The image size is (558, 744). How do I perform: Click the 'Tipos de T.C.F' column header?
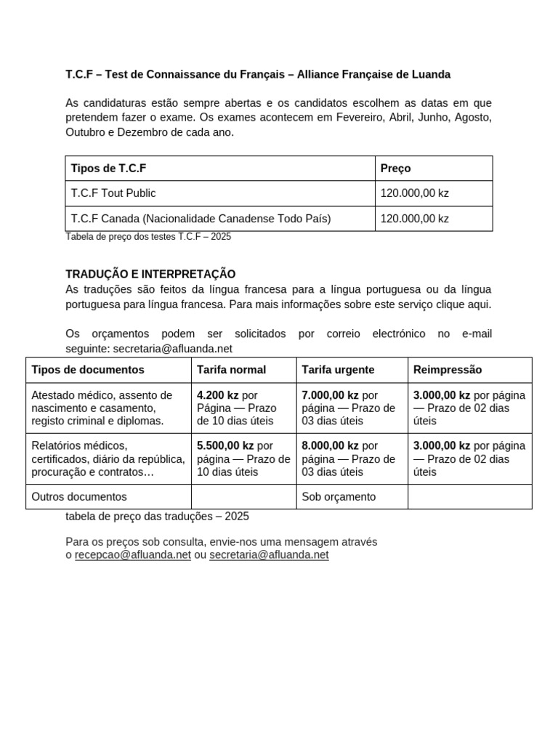[x=109, y=169]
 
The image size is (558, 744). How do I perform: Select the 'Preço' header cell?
[x=396, y=169]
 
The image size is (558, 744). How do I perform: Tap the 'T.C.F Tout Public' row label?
[x=113, y=193]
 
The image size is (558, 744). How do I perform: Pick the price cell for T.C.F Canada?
[x=415, y=219]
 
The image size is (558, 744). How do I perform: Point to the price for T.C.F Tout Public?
[x=415, y=193]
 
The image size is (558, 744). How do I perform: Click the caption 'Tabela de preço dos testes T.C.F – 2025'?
[x=148, y=237]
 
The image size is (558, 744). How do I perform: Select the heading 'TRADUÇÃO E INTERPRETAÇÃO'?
[x=150, y=274]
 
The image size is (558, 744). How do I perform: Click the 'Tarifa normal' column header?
[x=231, y=370]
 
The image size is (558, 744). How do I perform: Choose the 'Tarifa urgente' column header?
[x=338, y=370]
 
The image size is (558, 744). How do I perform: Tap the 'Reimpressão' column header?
[x=448, y=370]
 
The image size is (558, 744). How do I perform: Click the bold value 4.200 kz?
[x=218, y=395]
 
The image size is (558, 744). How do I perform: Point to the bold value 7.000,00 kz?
[x=330, y=395]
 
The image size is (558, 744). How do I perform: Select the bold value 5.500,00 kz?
[x=225, y=446]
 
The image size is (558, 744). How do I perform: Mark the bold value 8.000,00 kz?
[x=330, y=446]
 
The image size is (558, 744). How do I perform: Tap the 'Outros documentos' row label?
[x=79, y=497]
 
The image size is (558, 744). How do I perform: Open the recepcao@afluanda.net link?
[x=133, y=555]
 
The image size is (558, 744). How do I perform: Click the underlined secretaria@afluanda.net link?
[x=269, y=555]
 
